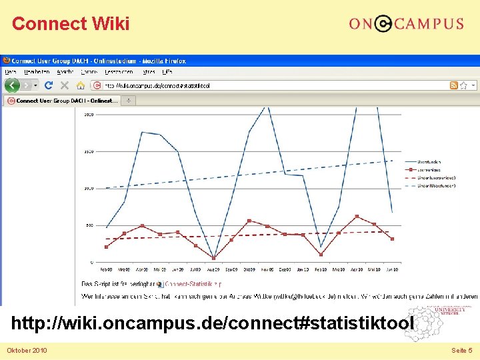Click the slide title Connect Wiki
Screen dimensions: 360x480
click(71, 24)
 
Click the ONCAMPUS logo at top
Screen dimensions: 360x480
click(405, 24)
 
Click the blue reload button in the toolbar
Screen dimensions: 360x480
click(49, 85)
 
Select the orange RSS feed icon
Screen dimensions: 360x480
click(454, 85)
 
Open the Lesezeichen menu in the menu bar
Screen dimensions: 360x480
click(119, 72)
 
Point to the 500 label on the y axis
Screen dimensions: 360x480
click(89, 225)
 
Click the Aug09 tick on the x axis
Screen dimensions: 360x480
click(213, 269)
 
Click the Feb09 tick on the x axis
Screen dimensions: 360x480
click(106, 269)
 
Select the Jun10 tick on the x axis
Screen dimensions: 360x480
click(392, 269)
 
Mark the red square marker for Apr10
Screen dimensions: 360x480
click(357, 217)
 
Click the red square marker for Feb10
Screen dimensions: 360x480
click(321, 254)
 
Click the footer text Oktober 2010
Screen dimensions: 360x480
click(27, 350)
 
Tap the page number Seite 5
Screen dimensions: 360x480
click(461, 350)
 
